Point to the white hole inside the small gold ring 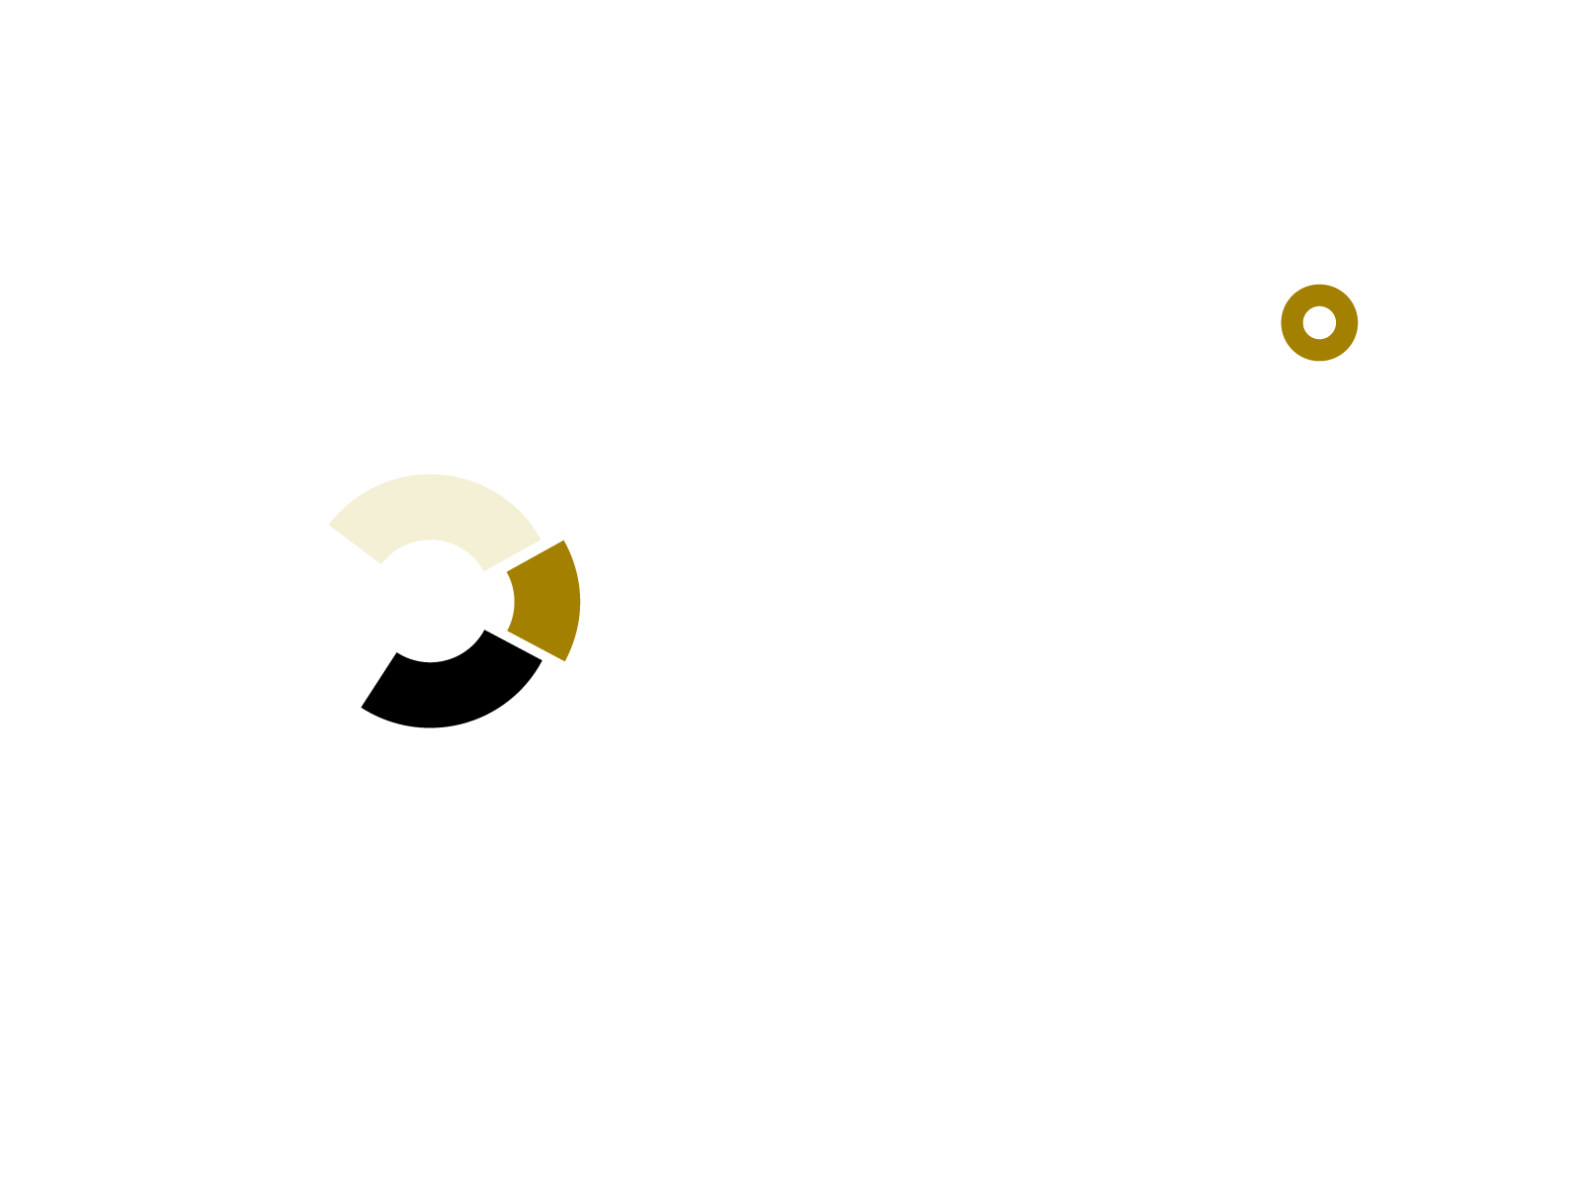click(x=1319, y=322)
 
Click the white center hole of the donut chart click(x=431, y=601)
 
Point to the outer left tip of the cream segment click(x=330, y=525)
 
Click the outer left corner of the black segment click(x=363, y=707)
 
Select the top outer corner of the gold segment click(x=562, y=542)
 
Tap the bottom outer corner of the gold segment click(x=564, y=659)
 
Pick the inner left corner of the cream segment click(x=380, y=562)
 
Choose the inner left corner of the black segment click(x=397, y=653)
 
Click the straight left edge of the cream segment click(x=356, y=544)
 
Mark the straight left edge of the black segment click(x=379, y=681)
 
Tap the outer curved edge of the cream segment click(x=431, y=475)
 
